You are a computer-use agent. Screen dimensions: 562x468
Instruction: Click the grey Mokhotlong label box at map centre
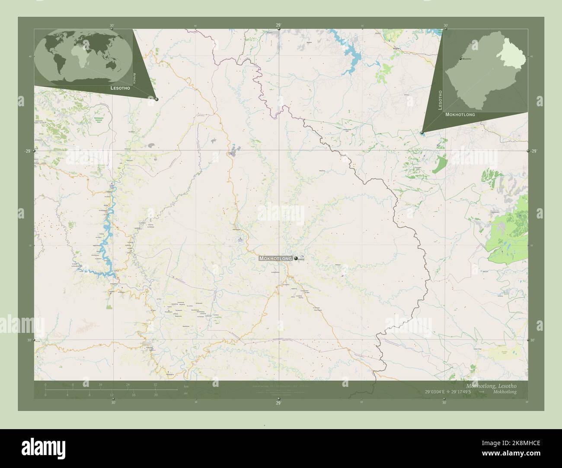point(276,258)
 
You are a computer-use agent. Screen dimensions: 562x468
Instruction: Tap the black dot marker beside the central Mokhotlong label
point(296,258)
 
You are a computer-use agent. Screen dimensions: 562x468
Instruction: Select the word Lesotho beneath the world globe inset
point(120,88)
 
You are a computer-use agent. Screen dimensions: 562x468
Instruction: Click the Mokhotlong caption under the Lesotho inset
point(460,115)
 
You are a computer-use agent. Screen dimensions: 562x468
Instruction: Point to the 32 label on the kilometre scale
point(155,384)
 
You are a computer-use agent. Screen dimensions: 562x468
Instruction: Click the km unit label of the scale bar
point(186,386)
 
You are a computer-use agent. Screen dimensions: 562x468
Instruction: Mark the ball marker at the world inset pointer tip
point(156,99)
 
